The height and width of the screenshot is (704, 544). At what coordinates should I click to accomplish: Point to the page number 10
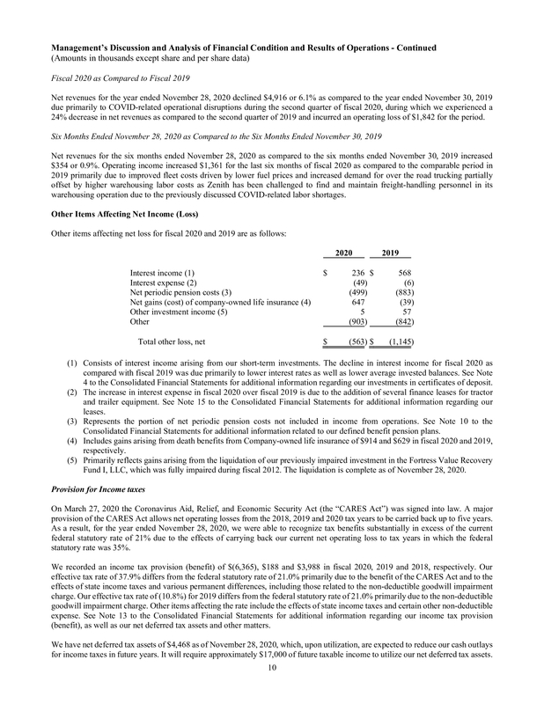273,692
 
